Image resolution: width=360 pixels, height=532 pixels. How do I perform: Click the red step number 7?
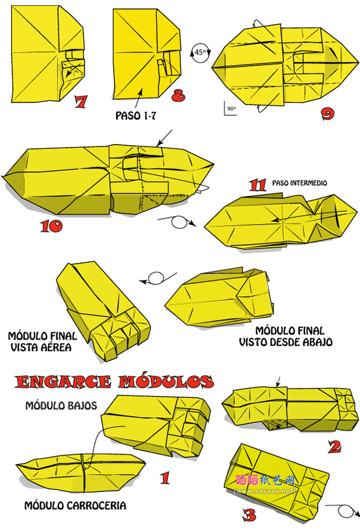pos(81,102)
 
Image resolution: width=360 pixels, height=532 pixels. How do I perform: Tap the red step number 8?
pos(178,95)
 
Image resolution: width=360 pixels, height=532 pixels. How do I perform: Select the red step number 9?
pos(327,114)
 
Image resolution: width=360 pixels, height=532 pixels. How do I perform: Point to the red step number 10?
pos(52,227)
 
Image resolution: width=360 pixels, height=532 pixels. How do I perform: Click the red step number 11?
pos(258,185)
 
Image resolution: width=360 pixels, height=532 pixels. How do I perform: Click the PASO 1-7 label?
pos(136,116)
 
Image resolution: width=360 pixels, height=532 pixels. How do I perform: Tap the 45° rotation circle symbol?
pos(200,53)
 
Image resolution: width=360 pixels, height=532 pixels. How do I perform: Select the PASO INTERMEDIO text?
pos(300,183)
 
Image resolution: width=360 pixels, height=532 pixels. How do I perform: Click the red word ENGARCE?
pos(63,382)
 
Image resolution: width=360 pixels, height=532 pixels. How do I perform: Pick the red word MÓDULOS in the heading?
pos(166,382)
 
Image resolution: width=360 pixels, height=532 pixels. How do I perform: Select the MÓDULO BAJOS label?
pos(62,406)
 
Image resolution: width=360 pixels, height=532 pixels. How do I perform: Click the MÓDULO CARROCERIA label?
pos(75,506)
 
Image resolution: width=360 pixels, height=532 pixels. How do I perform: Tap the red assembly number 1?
pos(165,478)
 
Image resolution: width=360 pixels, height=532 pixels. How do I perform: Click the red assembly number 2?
pos(334,447)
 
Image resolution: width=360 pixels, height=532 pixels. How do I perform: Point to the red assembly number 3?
pos(250,515)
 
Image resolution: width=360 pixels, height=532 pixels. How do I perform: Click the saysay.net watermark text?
pos(265,491)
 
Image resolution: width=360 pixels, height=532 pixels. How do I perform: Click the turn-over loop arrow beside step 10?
pos(177,222)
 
